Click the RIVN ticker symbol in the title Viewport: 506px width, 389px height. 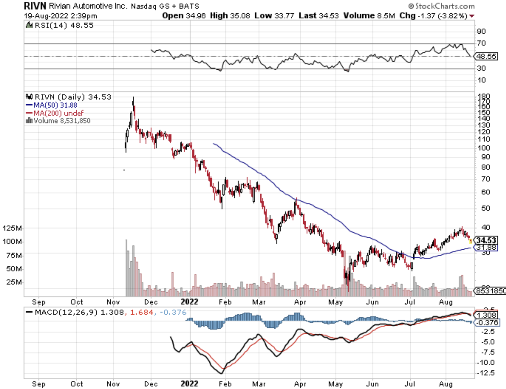[35, 6]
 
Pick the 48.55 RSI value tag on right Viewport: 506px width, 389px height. [486, 56]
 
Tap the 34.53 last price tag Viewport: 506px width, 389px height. [486, 240]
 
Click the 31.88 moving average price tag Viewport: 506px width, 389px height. [486, 247]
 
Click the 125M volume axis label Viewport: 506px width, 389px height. [12, 228]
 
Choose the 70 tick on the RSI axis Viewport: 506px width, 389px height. [481, 43]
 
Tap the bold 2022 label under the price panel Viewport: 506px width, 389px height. [189, 302]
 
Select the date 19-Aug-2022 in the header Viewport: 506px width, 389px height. [46, 16]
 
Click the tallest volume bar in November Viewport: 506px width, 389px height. [126, 268]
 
